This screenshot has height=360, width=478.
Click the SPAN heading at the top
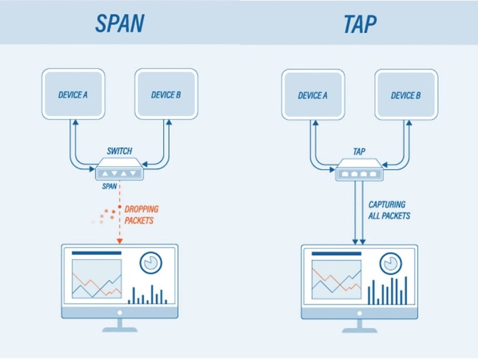tap(119, 23)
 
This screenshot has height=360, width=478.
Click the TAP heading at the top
tap(359, 23)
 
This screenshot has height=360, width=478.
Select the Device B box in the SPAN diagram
tap(166, 95)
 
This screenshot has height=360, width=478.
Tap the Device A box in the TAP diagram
tap(312, 96)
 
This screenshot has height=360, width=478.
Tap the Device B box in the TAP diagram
tap(406, 96)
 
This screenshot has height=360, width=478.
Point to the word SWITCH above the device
tap(120, 152)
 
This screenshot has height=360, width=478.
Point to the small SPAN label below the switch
tap(110, 187)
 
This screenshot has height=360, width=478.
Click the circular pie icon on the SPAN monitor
tap(151, 262)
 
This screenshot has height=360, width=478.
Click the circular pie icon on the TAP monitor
tap(391, 263)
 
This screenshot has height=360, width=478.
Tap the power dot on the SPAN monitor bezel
tap(120, 313)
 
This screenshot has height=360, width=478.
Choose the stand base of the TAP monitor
tap(360, 328)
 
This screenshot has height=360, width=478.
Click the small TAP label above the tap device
tap(360, 152)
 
